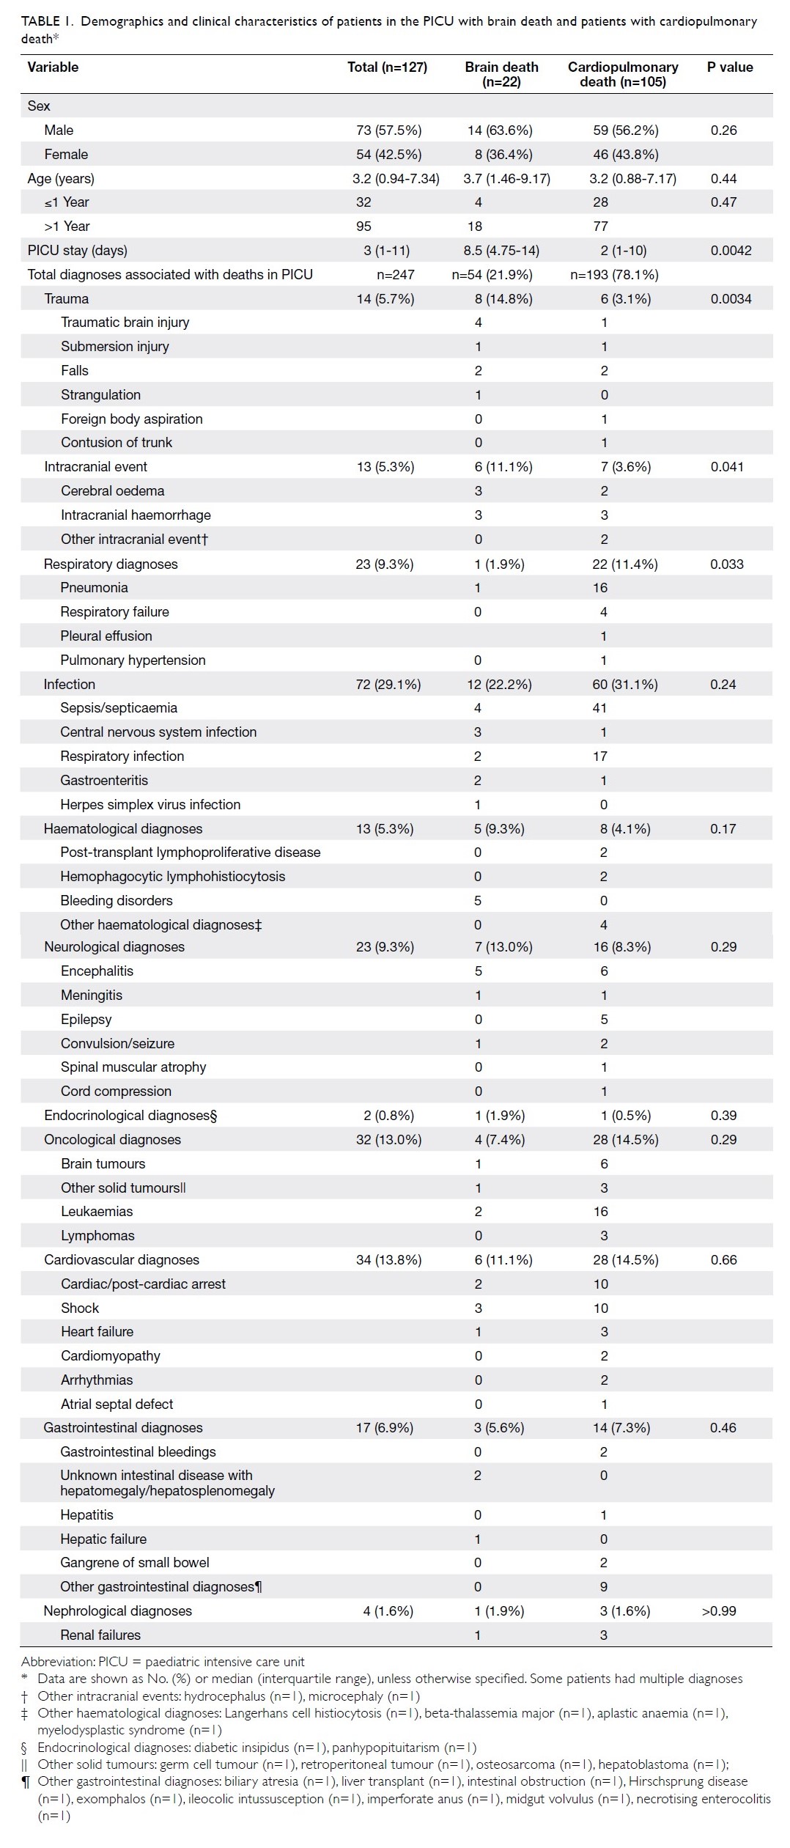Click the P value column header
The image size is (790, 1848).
tap(730, 67)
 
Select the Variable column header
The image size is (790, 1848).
tap(53, 67)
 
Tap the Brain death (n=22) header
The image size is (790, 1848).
tap(501, 74)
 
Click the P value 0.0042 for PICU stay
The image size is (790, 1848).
tap(731, 251)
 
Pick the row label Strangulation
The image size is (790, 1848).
tap(100, 394)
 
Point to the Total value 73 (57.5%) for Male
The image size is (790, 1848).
tap(388, 130)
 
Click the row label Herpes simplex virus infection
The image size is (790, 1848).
tap(150, 804)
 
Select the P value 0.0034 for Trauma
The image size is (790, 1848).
tap(731, 299)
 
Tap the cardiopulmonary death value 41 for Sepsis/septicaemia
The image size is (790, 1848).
tap(600, 708)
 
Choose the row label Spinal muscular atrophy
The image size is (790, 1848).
tap(133, 1067)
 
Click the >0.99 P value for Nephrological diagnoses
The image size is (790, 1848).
tap(718, 1610)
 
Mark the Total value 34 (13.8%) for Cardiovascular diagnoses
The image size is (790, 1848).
tap(388, 1260)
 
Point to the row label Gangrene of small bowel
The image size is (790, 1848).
tap(135, 1562)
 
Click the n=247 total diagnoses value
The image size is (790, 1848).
tap(395, 275)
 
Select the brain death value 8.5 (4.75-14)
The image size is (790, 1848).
tap(501, 251)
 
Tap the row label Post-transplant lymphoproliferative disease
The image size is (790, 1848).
tap(191, 853)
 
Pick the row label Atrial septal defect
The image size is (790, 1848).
tap(117, 1405)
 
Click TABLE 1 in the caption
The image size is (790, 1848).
tap(46, 21)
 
